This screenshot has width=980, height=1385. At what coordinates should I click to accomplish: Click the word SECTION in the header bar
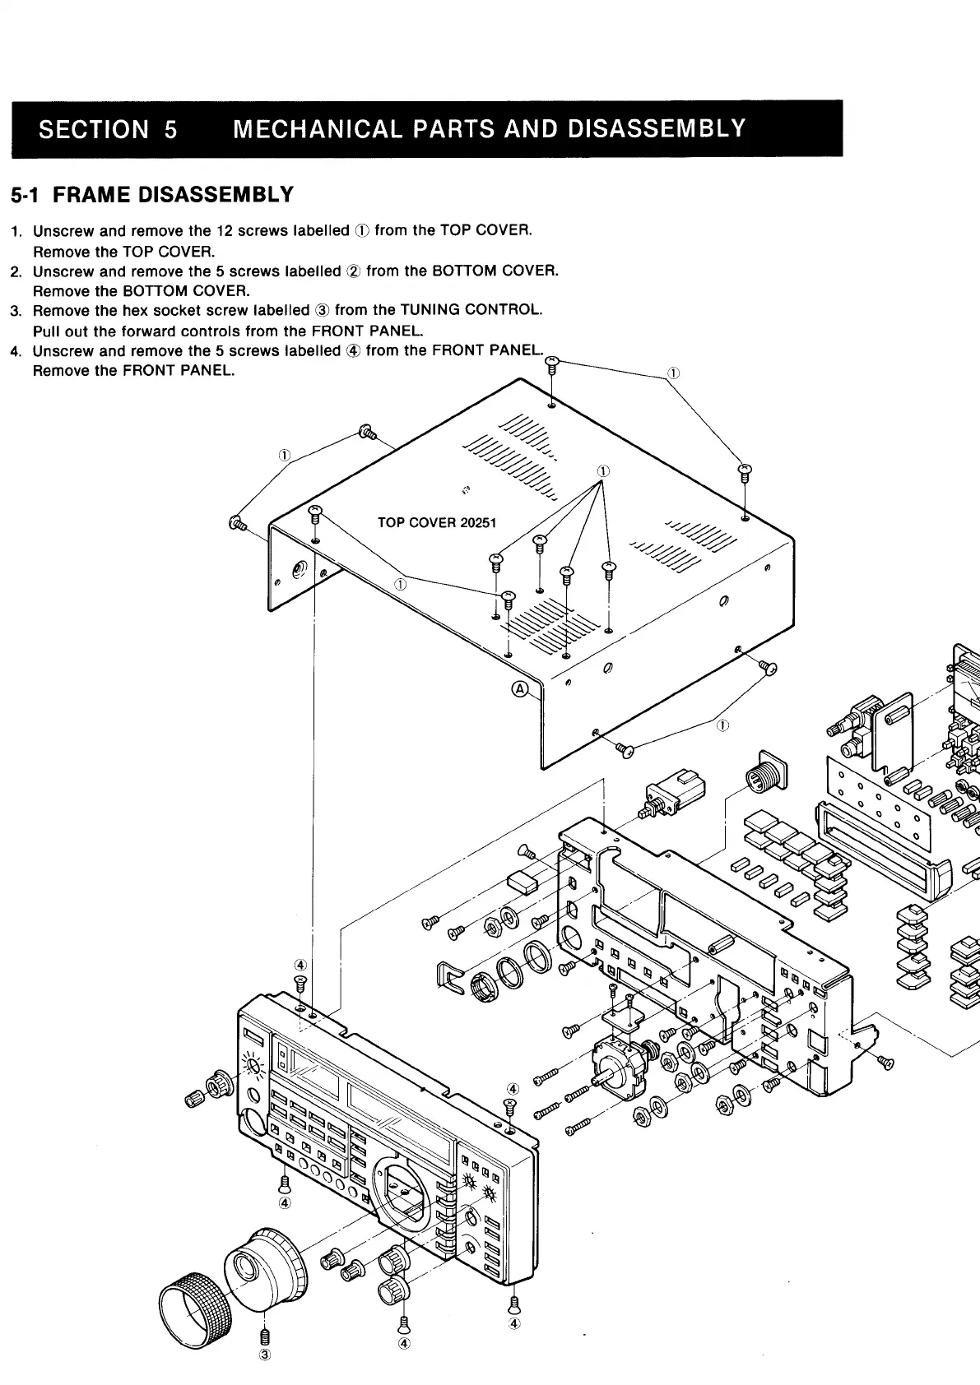pos(95,129)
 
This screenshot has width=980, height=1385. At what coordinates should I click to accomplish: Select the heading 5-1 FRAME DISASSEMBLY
pos(152,195)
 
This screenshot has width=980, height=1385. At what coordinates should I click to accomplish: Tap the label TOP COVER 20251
pos(436,522)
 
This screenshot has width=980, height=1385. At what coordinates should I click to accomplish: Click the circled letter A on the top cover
pos(520,689)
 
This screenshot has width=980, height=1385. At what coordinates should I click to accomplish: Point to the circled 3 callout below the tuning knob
pos(265,1355)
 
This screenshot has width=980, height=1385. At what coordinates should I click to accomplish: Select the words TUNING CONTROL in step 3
pos(470,310)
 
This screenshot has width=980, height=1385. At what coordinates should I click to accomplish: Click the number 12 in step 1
pos(224,230)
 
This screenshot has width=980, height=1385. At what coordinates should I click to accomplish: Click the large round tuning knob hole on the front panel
pos(403,1188)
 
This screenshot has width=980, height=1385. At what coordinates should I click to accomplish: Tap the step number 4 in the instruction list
pos(15,351)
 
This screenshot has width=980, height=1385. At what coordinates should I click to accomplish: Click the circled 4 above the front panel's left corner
pos(300,964)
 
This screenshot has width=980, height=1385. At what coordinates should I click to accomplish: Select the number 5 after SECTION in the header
pos(170,129)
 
